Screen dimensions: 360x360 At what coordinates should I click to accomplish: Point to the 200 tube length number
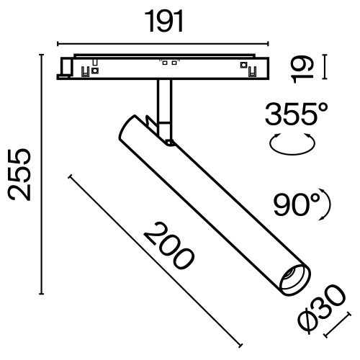click(168, 246)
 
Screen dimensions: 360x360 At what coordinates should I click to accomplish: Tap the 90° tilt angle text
click(296, 205)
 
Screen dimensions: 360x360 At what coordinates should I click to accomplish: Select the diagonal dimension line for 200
click(155, 258)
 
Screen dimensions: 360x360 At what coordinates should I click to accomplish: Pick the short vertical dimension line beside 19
click(326, 68)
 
